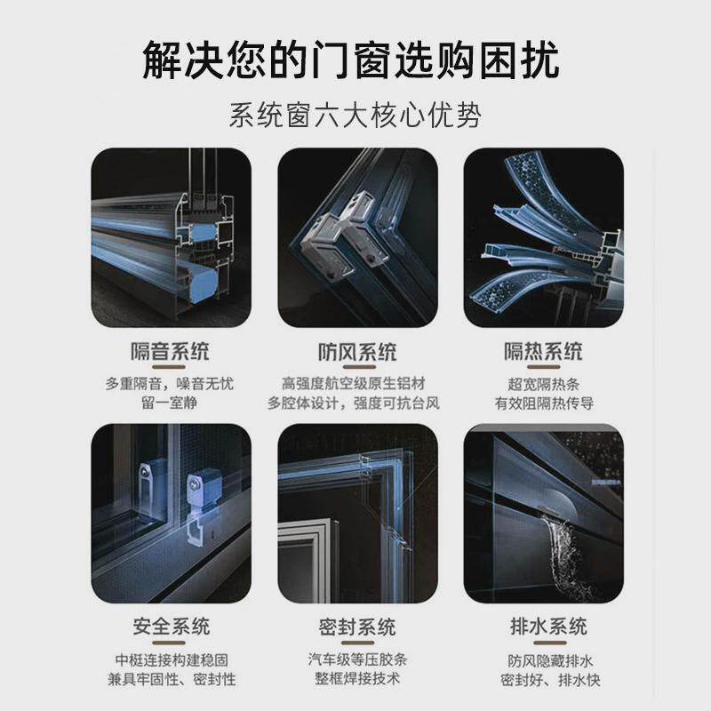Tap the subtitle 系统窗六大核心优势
(355, 116)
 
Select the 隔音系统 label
(171, 352)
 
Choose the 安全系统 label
(171, 627)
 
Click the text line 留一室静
(171, 403)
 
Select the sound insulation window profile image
(171, 237)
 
